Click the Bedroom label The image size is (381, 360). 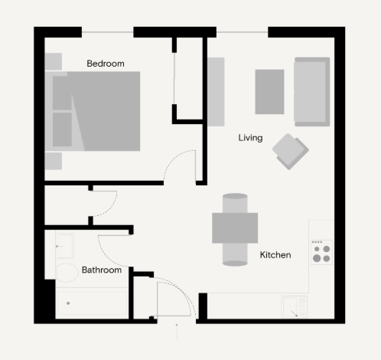click(106, 64)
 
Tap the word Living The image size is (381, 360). click(250, 138)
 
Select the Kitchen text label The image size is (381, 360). click(275, 255)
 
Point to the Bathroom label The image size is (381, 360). click(102, 270)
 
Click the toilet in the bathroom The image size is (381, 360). click(67, 273)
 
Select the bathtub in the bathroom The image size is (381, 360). click(92, 303)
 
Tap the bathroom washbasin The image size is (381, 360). click(65, 246)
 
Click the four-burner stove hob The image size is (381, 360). click(321, 252)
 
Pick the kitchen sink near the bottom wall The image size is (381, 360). click(295, 307)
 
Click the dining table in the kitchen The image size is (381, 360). click(235, 228)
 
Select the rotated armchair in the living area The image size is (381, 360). click(291, 152)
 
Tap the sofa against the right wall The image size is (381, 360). click(312, 92)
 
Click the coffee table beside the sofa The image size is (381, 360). click(269, 92)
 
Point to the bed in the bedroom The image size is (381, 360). click(93, 111)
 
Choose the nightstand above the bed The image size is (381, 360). click(54, 61)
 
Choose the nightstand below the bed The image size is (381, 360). click(54, 161)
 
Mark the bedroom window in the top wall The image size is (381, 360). click(108, 32)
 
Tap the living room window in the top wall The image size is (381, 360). click(243, 32)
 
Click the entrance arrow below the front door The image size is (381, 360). click(177, 332)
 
